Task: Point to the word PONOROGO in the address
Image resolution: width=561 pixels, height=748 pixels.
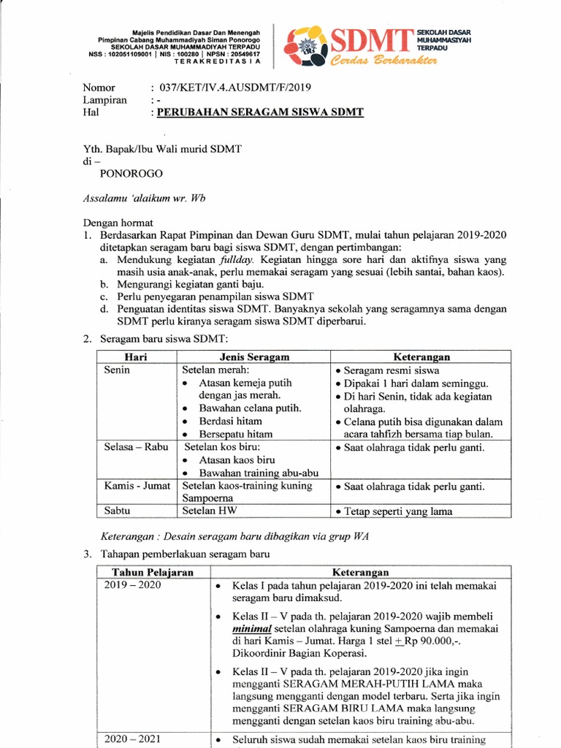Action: [131, 175]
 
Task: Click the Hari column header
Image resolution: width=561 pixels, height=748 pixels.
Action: [136, 356]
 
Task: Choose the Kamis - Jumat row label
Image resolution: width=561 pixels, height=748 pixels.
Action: [137, 486]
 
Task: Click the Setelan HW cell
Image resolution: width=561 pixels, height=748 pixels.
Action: [210, 511]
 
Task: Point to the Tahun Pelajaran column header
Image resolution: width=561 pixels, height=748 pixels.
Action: [152, 572]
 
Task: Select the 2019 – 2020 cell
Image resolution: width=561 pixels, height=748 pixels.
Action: [132, 585]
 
